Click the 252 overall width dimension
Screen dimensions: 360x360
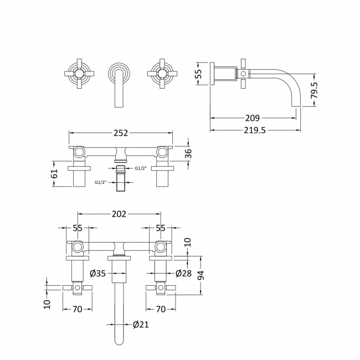pos(121,133)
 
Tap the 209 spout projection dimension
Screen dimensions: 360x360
pos(252,118)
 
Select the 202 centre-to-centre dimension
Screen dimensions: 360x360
pos(120,214)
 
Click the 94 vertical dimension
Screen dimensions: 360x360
pos(203,275)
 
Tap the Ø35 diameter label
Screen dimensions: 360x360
pos(97,273)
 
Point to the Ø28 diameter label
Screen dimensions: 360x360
pos(183,273)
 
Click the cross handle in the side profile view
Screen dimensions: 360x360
pos(243,73)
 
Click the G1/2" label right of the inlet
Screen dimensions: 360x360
pos(141,168)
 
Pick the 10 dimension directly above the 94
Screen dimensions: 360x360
pos(188,241)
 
